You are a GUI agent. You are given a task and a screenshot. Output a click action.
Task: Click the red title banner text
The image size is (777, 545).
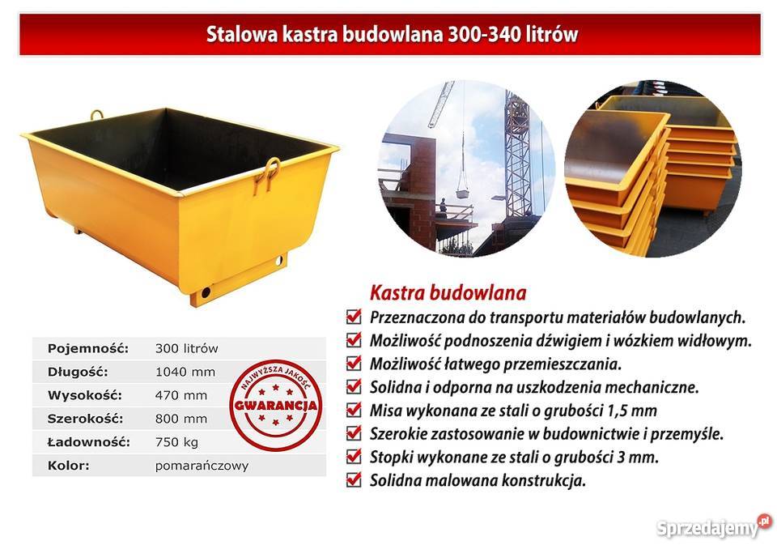click(392, 35)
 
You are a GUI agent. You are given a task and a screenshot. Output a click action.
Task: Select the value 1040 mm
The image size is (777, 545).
click(185, 372)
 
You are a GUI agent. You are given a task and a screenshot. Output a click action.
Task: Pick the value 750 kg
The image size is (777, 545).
click(176, 442)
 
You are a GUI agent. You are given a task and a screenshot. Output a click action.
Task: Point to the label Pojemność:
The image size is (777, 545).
click(88, 348)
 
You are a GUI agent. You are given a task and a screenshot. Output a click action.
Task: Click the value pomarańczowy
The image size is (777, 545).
click(202, 466)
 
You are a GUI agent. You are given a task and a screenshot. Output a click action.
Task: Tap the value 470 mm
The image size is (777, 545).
click(181, 395)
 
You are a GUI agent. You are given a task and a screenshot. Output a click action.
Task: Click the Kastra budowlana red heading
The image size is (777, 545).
click(448, 292)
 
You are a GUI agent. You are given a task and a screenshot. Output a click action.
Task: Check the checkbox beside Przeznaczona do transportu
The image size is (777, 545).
click(354, 316)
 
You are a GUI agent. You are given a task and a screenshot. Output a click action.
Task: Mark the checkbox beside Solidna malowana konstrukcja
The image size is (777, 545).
click(354, 479)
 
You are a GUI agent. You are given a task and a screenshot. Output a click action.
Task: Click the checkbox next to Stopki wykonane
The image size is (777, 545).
click(354, 456)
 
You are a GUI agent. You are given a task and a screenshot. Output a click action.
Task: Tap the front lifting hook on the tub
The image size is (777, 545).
click(269, 173)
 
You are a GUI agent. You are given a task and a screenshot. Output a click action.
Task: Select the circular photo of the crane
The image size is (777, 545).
click(468, 168)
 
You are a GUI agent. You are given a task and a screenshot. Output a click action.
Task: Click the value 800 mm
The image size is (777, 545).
click(181, 419)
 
